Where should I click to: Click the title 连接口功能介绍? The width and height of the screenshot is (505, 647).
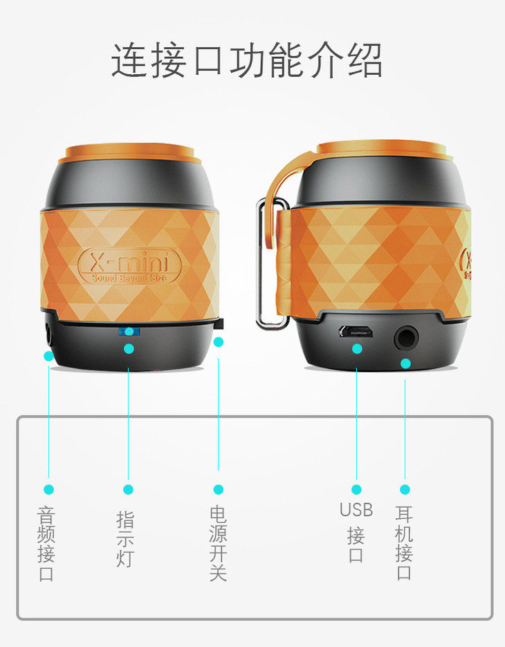coord(247,60)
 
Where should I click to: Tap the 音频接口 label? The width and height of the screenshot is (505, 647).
coord(46,544)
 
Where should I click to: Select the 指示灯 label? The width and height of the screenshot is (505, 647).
coord(125,540)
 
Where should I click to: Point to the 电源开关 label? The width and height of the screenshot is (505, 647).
coord(218,543)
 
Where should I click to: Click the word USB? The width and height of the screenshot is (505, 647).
coord(356,510)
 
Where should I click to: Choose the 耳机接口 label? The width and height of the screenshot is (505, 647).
coord(404,542)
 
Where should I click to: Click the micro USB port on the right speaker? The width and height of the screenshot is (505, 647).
coord(356,331)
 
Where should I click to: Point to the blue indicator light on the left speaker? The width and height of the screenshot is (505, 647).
coord(129,331)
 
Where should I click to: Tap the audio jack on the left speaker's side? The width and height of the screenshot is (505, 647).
coord(49,333)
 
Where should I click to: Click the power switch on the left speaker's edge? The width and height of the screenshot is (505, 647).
coord(219,324)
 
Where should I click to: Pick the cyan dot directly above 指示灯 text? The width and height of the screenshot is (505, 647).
coord(128,490)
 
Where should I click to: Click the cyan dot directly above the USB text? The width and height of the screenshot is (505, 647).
coord(356,490)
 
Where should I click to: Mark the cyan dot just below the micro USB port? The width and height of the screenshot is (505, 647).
coord(357,348)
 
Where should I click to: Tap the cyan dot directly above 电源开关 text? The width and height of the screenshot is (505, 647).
coord(219,490)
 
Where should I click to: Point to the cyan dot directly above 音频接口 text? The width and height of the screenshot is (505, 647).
coord(48,490)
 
